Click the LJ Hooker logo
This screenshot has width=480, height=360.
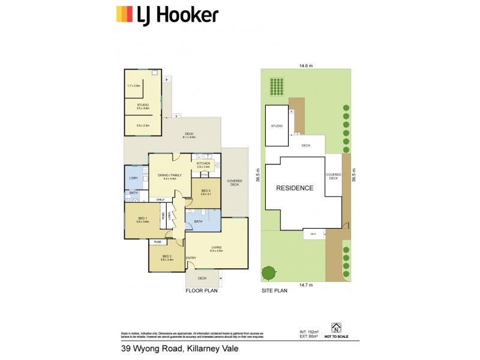167,14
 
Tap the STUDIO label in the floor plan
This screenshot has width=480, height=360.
143,105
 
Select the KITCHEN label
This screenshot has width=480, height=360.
203,163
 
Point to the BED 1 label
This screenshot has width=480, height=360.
142,219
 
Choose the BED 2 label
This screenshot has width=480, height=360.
167,257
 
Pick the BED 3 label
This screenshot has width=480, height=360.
206,192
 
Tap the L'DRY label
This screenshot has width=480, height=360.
133,178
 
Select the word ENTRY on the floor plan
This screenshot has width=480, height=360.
191,258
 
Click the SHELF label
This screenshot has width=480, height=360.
161,199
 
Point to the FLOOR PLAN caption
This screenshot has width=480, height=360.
201,290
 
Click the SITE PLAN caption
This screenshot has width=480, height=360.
274,290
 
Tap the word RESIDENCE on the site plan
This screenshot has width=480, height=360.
294,188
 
